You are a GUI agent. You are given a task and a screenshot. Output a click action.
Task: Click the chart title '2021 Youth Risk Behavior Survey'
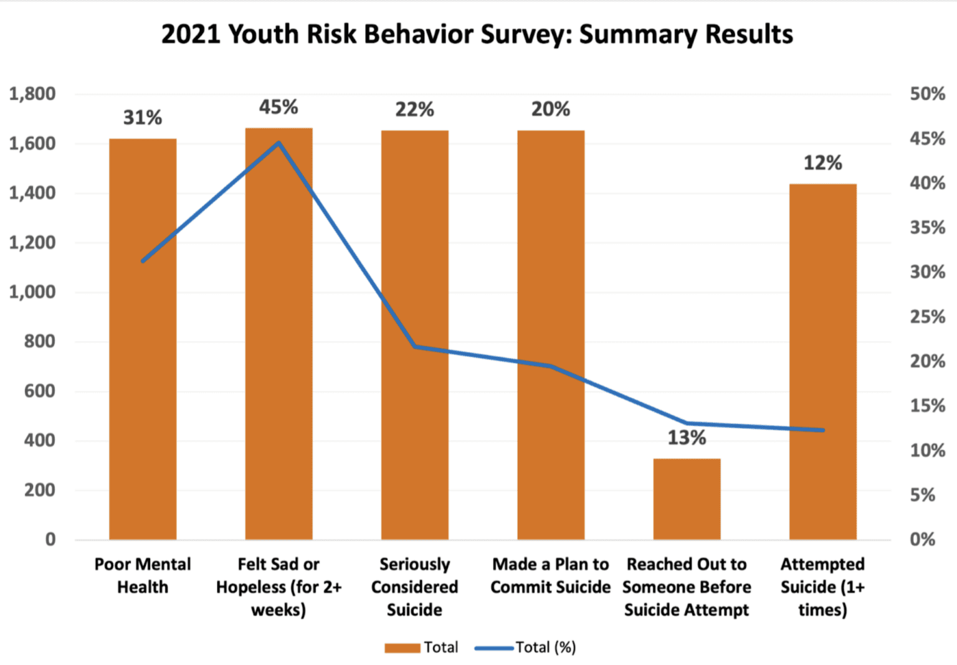click(477, 34)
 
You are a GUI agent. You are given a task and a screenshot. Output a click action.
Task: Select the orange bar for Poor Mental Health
click(143, 374)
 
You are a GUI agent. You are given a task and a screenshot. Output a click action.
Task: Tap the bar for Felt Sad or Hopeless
click(279, 374)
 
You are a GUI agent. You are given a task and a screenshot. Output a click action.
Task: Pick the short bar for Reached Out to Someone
click(687, 499)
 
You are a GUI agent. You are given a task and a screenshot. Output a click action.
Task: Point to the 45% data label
click(279, 107)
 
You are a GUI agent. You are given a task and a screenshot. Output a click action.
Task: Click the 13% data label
click(687, 438)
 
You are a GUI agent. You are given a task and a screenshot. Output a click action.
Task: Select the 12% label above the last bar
click(822, 163)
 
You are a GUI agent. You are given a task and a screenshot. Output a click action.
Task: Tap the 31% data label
click(143, 117)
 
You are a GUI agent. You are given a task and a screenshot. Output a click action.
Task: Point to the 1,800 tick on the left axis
click(32, 94)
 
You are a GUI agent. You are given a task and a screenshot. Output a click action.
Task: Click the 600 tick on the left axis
click(40, 391)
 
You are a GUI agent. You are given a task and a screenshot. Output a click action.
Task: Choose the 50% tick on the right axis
click(927, 94)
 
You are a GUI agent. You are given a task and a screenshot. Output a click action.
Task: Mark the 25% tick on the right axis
click(927, 317)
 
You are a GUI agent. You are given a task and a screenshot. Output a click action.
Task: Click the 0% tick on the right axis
click(922, 539)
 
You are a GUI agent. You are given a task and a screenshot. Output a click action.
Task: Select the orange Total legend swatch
click(402, 648)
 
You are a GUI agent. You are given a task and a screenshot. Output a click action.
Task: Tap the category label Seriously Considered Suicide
click(414, 587)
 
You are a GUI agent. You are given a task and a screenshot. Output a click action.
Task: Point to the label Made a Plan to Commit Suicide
click(550, 575)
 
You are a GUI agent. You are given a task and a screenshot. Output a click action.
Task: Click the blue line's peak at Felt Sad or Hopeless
click(279, 143)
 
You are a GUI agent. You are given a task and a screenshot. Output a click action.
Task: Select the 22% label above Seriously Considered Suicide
click(414, 110)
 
